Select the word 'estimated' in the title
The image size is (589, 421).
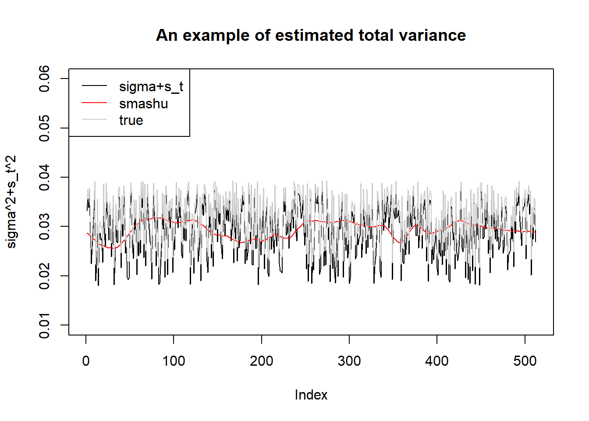[314, 35]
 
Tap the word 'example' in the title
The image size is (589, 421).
[216, 36]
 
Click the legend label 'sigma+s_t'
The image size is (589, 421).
[151, 86]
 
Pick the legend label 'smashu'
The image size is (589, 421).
[144, 103]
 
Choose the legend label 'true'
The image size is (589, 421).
[131, 121]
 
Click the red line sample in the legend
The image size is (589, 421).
[94, 103]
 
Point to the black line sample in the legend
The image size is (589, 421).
[94, 86]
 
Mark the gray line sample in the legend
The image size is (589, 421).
[94, 119]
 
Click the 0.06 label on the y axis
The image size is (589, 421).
[44, 78]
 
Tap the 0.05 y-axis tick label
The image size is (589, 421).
[44, 128]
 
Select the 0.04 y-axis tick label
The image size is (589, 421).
[44, 177]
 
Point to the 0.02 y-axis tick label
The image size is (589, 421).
[44, 276]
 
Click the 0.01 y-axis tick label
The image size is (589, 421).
[44, 325]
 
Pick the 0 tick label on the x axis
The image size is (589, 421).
[86, 361]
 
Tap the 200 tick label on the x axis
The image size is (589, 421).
[262, 361]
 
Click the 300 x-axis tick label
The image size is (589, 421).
[349, 361]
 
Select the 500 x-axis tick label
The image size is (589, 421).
[525, 361]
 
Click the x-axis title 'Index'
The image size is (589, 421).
[311, 395]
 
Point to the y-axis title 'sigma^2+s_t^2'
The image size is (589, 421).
[11, 202]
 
